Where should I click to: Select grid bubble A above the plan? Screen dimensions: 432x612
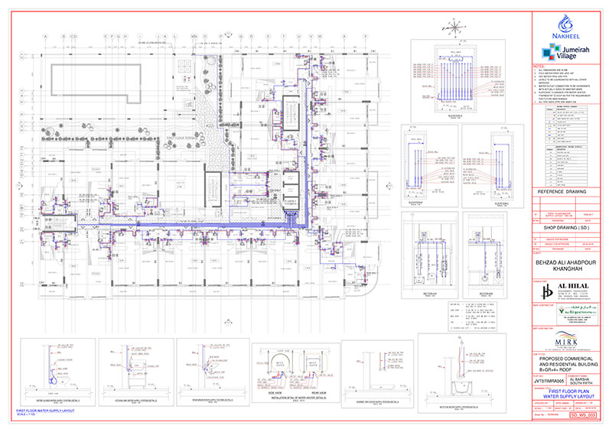pos(45,36)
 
